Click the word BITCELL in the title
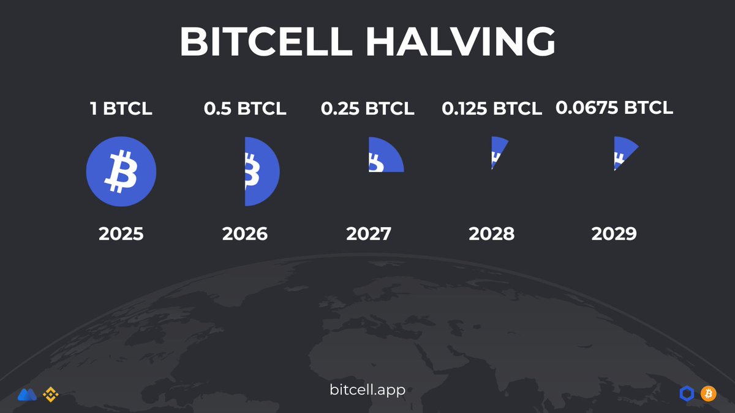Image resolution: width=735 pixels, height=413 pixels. point(267,42)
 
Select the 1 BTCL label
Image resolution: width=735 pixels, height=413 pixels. point(121,109)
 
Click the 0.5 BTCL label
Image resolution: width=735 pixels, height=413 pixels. point(245,109)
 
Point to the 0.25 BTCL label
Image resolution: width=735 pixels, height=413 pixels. point(367,109)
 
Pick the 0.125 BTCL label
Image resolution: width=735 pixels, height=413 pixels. point(492,109)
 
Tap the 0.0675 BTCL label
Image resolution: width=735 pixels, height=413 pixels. point(614,108)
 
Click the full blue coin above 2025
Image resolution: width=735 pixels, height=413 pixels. point(121,171)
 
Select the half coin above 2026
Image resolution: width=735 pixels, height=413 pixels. point(260,171)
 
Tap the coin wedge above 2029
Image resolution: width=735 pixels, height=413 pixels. point(623,153)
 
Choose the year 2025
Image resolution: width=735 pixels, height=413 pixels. point(121,234)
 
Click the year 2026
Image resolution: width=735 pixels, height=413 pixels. point(245,234)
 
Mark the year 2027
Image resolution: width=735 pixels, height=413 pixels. point(369,234)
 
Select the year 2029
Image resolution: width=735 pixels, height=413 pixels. point(614,234)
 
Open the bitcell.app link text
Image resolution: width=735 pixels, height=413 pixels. point(367,390)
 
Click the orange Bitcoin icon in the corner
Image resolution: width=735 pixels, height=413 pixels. point(708,393)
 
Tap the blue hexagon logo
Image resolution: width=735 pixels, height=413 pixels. point(687,393)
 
